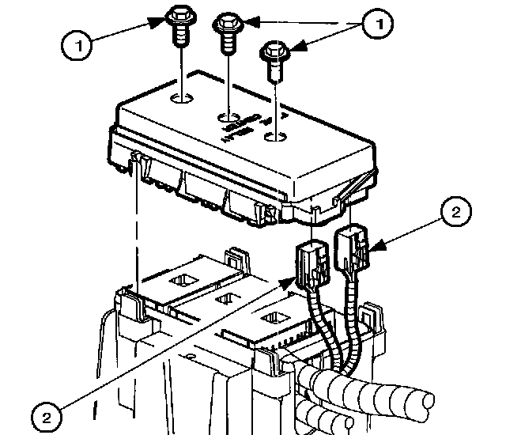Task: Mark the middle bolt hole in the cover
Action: pyautogui.click(x=228, y=119)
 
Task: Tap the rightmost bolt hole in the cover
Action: pyautogui.click(x=273, y=139)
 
